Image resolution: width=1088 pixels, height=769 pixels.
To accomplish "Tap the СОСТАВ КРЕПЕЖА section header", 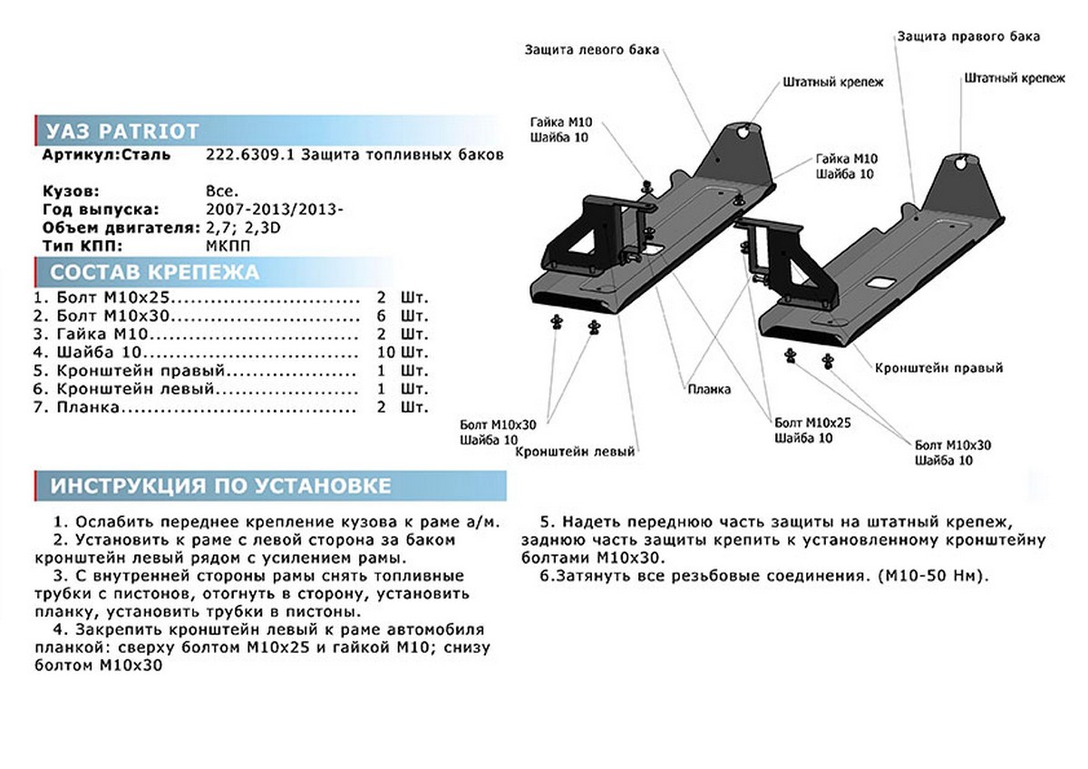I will (x=154, y=272).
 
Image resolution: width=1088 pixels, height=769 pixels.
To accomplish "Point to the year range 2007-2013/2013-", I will (x=275, y=210).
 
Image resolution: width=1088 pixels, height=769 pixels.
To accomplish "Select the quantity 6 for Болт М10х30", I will (x=382, y=316).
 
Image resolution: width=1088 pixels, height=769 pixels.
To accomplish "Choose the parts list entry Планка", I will (x=76, y=408).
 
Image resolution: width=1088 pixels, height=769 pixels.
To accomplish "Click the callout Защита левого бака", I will (x=591, y=49).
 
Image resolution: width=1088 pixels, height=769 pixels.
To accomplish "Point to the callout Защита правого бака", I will (x=968, y=36).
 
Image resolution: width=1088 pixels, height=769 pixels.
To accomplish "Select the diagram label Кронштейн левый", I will (x=576, y=452).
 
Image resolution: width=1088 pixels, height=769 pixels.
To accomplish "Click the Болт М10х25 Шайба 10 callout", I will (x=812, y=430).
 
